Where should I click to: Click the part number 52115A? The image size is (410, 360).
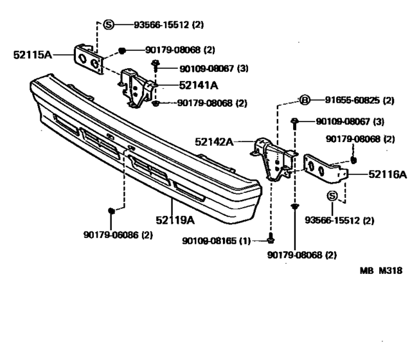coord(32,55)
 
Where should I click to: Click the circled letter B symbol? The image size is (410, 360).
coord(305,100)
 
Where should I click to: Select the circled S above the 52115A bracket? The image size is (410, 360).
coord(109,25)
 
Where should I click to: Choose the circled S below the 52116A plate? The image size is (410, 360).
coord(333,195)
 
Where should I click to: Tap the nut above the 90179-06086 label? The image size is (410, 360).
coord(111,210)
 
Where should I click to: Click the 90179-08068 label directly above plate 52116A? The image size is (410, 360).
coord(361,138)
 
